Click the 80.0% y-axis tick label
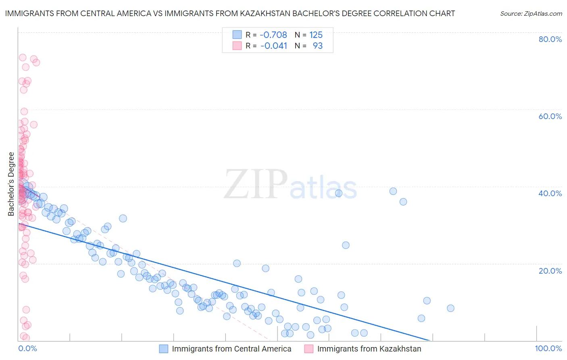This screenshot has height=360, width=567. (x=550, y=39)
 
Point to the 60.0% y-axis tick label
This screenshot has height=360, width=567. (x=550, y=116)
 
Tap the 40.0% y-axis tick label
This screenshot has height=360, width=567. (x=550, y=193)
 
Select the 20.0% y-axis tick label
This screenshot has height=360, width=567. (x=550, y=270)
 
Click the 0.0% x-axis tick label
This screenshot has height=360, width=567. (x=27, y=348)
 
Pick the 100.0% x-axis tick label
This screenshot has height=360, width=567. (x=548, y=348)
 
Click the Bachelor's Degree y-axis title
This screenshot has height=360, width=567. (x=11, y=184)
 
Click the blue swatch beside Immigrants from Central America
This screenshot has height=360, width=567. (x=163, y=349)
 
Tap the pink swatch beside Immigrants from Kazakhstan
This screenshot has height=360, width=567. (x=309, y=349)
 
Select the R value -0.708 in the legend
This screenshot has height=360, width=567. (x=273, y=35)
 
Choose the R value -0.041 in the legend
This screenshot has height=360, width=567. (x=273, y=46)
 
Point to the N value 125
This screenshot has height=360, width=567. (x=316, y=35)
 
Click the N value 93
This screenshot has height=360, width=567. (x=317, y=46)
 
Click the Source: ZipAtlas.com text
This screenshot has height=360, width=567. (x=531, y=13)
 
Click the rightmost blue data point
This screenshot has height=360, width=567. (x=450, y=308)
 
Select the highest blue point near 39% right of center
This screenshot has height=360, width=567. (x=393, y=191)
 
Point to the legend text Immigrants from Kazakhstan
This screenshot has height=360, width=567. (x=369, y=349)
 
